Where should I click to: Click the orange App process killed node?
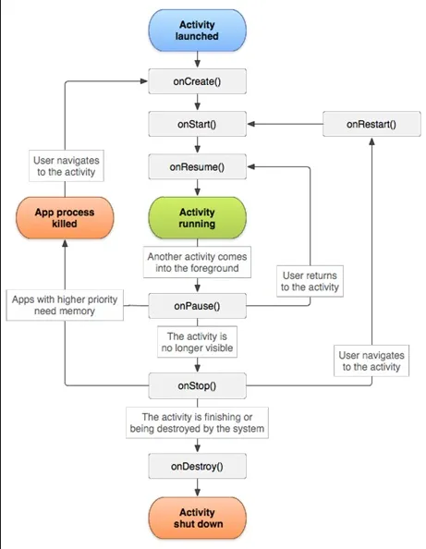click(x=64, y=217)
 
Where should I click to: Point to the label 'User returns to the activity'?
click(x=310, y=280)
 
